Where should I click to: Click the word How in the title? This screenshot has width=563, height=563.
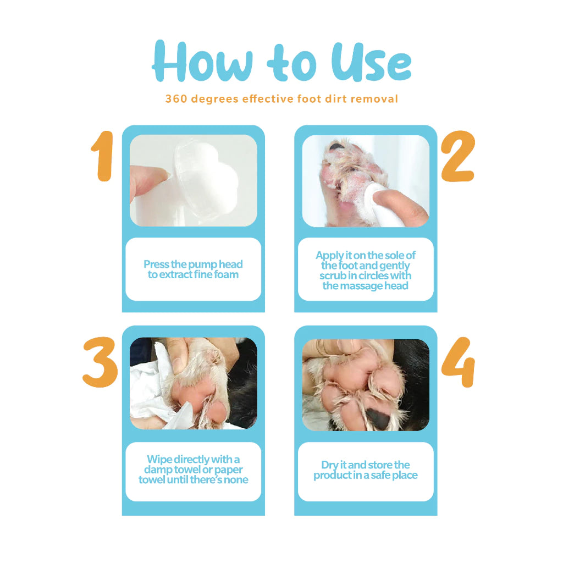tap(202, 62)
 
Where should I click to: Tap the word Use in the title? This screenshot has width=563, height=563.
tap(371, 62)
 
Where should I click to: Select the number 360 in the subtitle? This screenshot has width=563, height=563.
tap(176, 99)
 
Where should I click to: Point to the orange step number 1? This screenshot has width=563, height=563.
tap(103, 156)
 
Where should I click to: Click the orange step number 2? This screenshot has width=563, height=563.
tap(458, 156)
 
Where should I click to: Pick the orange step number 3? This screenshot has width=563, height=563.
tap(100, 362)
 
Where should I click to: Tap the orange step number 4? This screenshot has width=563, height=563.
tap(458, 362)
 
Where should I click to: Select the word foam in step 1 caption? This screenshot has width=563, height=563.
tap(226, 275)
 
